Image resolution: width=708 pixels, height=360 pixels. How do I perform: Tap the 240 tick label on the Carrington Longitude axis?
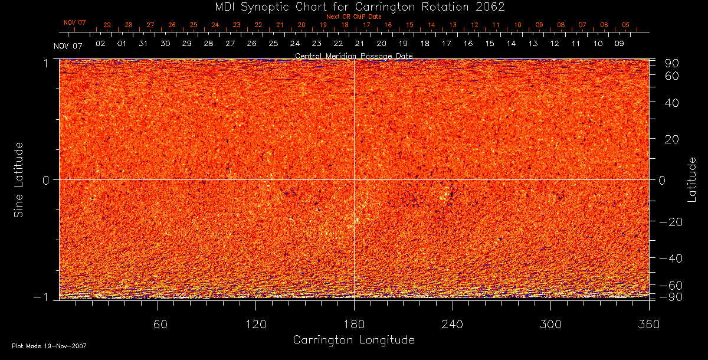tap(453, 324)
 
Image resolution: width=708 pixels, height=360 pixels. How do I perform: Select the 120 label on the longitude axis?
tap(255, 324)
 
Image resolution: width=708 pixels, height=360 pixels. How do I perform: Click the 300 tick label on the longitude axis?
tap(550, 324)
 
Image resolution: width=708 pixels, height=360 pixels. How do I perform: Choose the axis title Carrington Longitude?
tap(353, 340)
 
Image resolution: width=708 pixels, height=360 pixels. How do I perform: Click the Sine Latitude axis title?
tap(19, 179)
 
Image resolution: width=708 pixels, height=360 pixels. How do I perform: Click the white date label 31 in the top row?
tap(143, 44)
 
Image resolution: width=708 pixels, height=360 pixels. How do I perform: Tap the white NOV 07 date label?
tap(68, 46)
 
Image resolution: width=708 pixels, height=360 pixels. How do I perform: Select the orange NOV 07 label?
tap(75, 23)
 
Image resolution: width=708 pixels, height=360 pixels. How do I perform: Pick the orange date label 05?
tap(625, 25)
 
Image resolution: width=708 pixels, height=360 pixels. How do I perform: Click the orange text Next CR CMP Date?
tap(353, 17)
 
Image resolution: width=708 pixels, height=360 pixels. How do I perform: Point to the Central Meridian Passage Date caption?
tap(353, 55)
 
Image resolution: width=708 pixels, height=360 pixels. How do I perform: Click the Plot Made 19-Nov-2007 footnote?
tap(50, 345)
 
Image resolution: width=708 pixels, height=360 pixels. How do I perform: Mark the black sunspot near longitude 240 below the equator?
tap(452, 194)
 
